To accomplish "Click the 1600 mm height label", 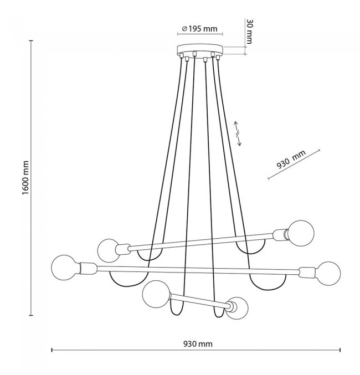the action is pos(25,177).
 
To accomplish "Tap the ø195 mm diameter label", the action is pos(200,29).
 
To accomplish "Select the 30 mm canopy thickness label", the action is pos(249,32).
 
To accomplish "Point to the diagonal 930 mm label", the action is pos(291,160).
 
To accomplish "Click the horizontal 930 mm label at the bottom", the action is pos(198,344).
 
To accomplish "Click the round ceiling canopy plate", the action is pos(200,49).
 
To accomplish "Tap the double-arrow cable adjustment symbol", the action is pos(237,133).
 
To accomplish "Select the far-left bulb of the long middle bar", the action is pos(63,268).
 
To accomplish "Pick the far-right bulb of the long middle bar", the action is pos(328,274).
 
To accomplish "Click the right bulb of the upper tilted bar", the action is pos(301,233).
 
